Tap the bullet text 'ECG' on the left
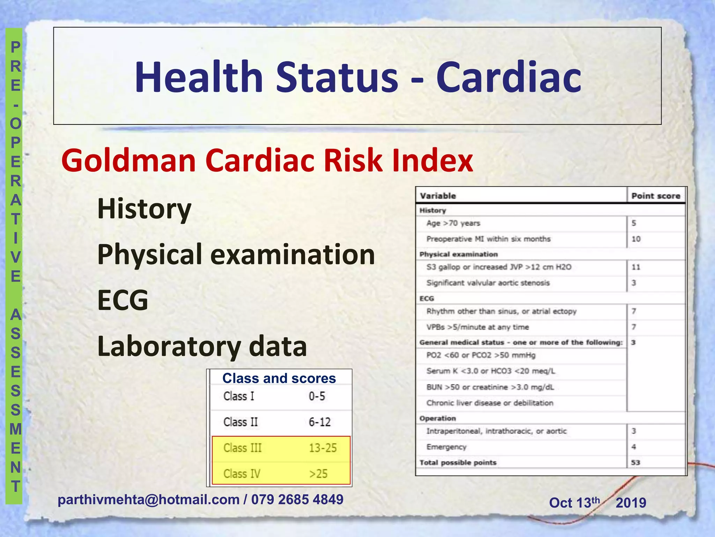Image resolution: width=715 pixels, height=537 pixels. pos(123,300)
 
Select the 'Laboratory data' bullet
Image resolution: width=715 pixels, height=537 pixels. pos(202,346)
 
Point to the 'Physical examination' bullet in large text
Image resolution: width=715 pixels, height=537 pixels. pos(236,254)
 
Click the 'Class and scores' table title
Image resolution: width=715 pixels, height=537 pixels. pos(279,378)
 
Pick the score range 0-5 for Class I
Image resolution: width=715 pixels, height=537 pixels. pos(317,396)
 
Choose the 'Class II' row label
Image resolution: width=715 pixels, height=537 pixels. pos(241,422)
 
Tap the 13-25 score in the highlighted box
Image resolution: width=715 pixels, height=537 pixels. pos(323,448)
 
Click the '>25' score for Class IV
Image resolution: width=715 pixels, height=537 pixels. pos(318,474)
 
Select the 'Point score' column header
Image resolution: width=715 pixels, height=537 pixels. pos(656,196)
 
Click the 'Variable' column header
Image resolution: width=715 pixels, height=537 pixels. pos(438,196)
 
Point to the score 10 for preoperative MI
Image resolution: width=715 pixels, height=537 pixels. pos(636,239)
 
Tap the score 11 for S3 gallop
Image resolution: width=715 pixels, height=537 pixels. pos(636,267)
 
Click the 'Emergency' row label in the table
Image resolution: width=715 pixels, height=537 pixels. pos(446,447)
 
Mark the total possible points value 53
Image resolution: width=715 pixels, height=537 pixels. pos(635,463)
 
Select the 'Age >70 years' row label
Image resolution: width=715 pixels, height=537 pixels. pos(453,223)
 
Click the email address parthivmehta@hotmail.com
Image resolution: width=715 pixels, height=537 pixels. pos(148,500)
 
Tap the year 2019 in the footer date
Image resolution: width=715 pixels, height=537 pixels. pos(631,503)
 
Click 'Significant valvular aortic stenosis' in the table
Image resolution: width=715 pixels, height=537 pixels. pos(488,283)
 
